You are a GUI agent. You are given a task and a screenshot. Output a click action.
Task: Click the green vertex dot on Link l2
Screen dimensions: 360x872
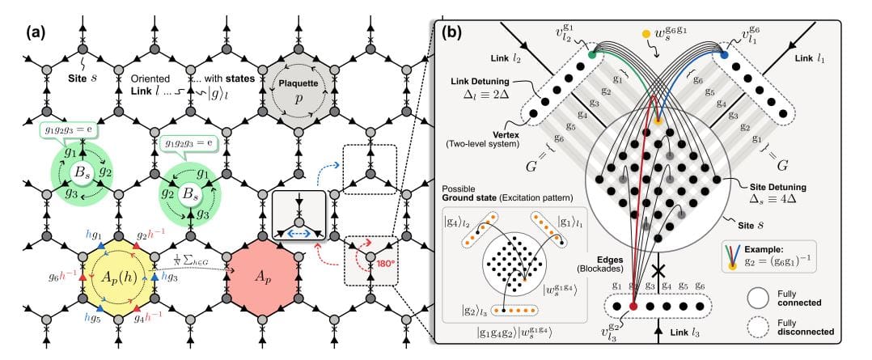coord(595,55)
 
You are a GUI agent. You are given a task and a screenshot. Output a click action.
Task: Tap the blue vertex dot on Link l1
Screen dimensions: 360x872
coord(724,54)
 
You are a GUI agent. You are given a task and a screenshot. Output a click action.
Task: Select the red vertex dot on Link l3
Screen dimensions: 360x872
coord(633,307)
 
